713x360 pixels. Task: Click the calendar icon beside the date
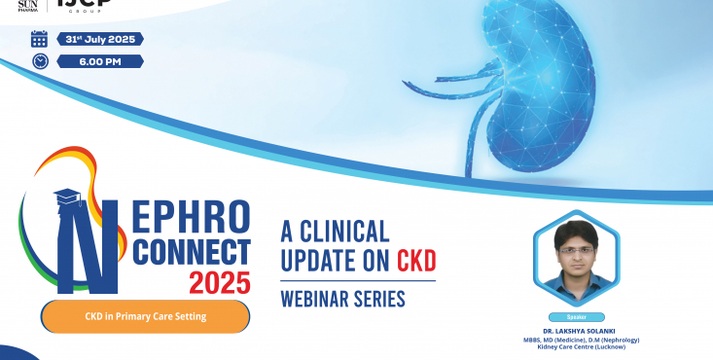click(x=39, y=39)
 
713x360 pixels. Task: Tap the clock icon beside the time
click(x=39, y=61)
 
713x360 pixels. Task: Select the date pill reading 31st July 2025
click(x=100, y=39)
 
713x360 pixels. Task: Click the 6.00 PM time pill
click(x=100, y=61)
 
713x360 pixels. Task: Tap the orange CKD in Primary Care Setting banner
click(x=145, y=315)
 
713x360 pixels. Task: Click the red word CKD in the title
click(x=415, y=261)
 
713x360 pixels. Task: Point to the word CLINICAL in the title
click(x=345, y=232)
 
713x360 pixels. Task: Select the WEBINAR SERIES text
click(x=342, y=298)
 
